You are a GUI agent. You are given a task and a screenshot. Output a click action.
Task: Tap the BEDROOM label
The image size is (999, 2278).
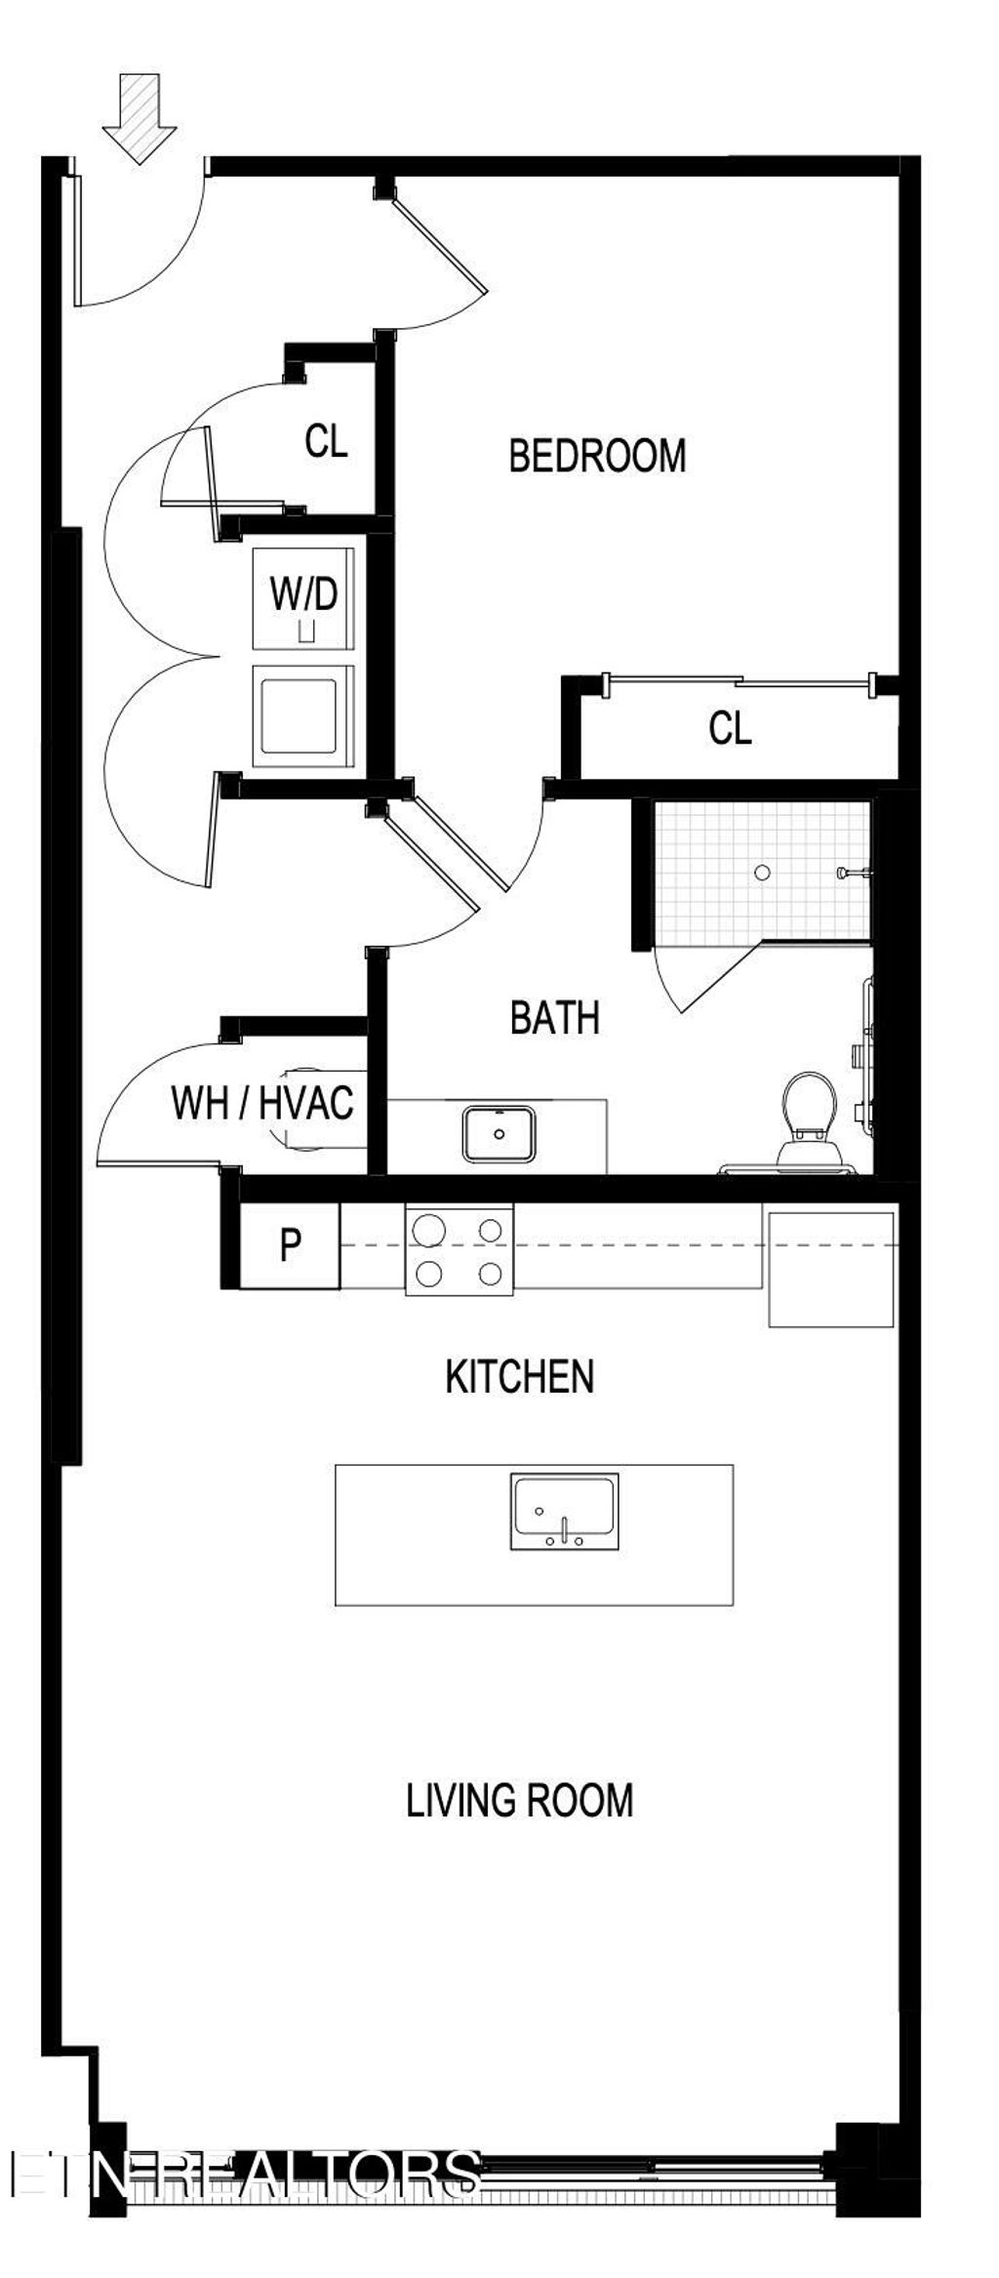pyautogui.click(x=597, y=457)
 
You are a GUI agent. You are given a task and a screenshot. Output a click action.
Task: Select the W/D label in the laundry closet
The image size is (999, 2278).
pyautogui.click(x=303, y=593)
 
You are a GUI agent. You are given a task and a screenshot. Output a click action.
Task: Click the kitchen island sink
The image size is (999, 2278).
pyautogui.click(x=564, y=1512)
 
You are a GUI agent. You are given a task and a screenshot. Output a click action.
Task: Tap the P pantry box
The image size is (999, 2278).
pyautogui.click(x=290, y=1246)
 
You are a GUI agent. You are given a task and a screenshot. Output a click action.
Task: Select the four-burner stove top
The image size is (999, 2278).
pyautogui.click(x=460, y=1250)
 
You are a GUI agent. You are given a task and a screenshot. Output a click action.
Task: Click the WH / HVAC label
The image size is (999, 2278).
pyautogui.click(x=261, y=1103)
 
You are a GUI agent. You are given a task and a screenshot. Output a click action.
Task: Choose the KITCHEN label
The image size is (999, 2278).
pyautogui.click(x=519, y=1376)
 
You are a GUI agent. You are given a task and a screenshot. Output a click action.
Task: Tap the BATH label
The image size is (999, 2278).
pyautogui.click(x=554, y=1018)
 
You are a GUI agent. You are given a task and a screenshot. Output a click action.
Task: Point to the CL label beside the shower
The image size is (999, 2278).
pyautogui.click(x=730, y=728)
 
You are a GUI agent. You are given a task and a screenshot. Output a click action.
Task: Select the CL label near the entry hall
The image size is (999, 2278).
pyautogui.click(x=326, y=441)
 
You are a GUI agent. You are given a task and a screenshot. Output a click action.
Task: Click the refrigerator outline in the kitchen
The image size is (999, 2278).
pyautogui.click(x=831, y=1269)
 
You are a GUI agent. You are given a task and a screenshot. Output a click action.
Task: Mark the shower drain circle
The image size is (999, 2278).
pyautogui.click(x=763, y=873)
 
